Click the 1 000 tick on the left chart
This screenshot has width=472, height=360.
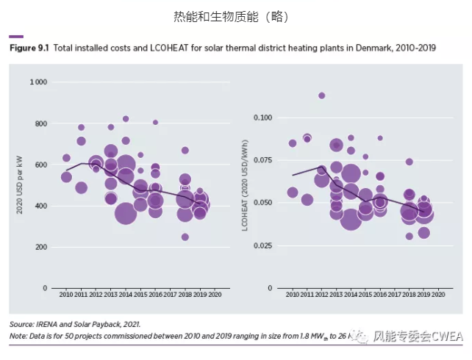[38, 82]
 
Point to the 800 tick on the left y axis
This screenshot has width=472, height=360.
[41, 123]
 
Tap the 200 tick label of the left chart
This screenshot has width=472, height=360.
[41, 247]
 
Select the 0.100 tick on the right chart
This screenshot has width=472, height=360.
[262, 118]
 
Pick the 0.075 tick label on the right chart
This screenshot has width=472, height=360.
[262, 159]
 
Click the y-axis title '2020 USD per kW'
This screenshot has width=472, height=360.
[19, 184]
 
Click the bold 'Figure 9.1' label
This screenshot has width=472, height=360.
[28, 47]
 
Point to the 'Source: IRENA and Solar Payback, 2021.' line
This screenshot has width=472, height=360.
[74, 323]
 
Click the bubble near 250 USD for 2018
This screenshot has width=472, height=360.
[185, 237]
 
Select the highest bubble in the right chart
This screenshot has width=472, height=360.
[321, 96]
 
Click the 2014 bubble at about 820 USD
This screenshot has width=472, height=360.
[126, 119]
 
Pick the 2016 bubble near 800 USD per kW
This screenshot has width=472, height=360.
[155, 123]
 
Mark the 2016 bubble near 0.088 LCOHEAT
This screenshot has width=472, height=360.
[380, 137]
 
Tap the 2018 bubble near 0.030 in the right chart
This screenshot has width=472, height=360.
[410, 236]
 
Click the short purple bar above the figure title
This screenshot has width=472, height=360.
[15, 36]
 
